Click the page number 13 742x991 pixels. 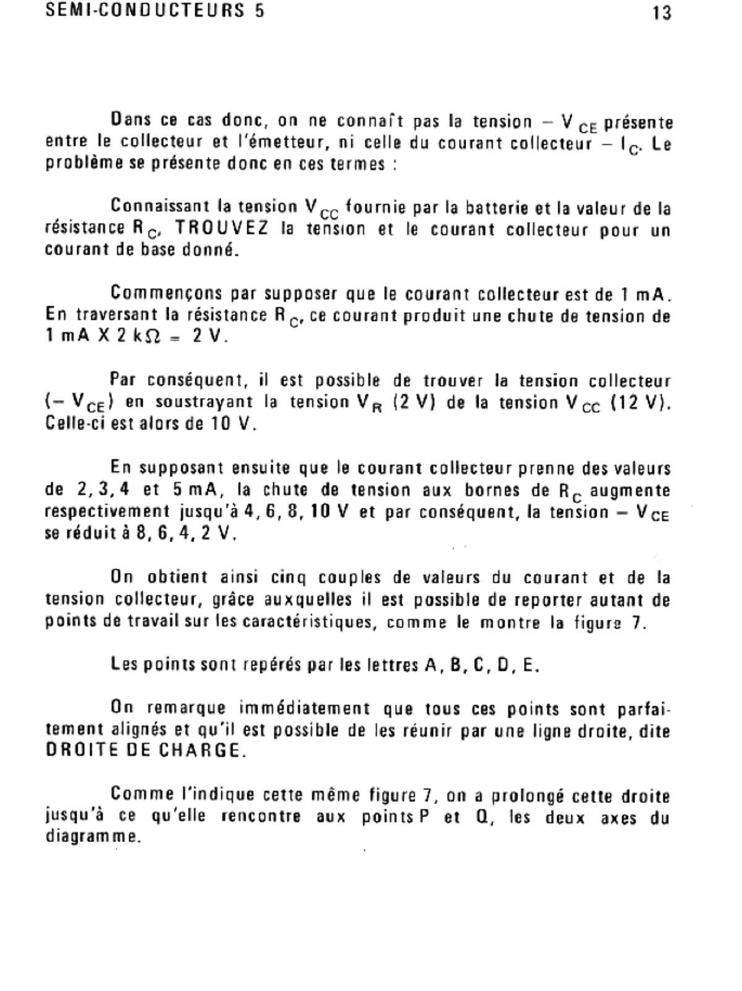point(662,13)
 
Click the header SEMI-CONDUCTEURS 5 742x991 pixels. point(155,11)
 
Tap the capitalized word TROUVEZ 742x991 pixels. point(222,229)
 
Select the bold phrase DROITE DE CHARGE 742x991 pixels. point(143,750)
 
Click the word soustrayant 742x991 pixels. point(203,403)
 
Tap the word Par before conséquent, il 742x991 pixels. point(122,379)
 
